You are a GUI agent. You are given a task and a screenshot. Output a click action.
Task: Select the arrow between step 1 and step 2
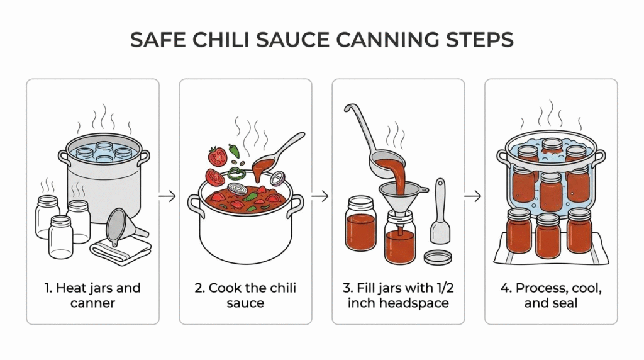(x=167, y=196)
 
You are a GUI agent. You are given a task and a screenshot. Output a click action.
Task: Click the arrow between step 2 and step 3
(x=320, y=196)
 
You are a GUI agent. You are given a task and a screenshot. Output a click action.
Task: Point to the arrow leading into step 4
(x=473, y=196)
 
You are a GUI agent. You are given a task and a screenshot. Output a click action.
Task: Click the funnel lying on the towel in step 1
(x=123, y=226)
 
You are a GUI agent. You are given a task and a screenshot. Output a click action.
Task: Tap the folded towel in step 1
(x=121, y=250)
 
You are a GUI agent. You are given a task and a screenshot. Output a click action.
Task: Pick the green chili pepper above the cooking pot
(x=234, y=151)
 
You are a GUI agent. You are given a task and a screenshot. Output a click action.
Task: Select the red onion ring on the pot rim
(x=277, y=178)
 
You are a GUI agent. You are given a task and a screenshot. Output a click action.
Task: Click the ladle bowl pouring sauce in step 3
(x=387, y=164)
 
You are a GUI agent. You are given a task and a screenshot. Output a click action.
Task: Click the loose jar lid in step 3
(x=438, y=257)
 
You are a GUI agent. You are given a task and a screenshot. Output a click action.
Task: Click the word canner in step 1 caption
(x=93, y=303)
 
